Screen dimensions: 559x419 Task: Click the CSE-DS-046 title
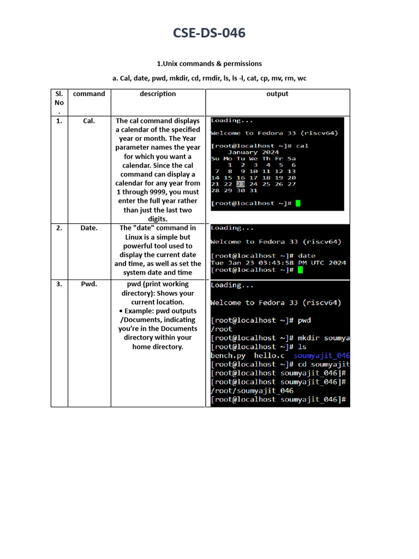[x=209, y=33]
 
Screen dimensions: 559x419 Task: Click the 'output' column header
[x=277, y=94]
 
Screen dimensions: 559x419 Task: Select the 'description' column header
[x=158, y=94]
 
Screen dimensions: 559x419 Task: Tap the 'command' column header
[x=89, y=94]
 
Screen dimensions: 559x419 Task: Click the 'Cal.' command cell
[x=89, y=121]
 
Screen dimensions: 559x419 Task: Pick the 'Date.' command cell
[x=89, y=228]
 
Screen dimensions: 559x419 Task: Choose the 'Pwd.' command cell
[x=89, y=284]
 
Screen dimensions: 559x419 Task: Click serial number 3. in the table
[x=59, y=284]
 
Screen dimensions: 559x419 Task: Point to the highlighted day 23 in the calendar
[x=241, y=184]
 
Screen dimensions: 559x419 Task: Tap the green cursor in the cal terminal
[x=298, y=204]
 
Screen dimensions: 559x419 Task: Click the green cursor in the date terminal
[x=301, y=270]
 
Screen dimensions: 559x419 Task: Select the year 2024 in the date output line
[x=337, y=263]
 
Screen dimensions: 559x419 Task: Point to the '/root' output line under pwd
[x=222, y=329]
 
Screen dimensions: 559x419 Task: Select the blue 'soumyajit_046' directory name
[x=321, y=355]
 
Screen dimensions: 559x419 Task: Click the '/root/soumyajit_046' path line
[x=252, y=391]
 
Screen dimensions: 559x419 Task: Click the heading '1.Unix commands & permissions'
[x=209, y=63]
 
